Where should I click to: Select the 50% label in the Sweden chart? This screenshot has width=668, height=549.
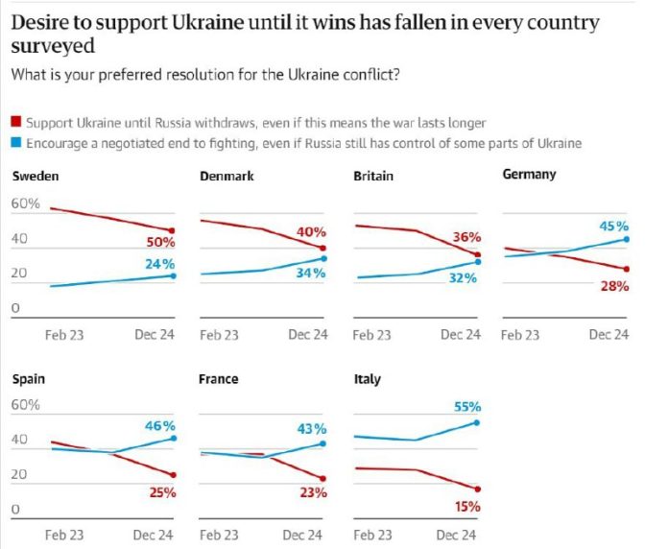pos(160,243)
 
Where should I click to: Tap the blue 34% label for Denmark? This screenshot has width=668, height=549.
pos(311,273)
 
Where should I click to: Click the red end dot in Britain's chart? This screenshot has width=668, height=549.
pos(477,254)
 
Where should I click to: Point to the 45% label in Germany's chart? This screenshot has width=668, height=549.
pos(613,226)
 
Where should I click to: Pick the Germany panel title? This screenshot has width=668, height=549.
pos(529,176)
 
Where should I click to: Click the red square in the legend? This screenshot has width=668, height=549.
pos(15,123)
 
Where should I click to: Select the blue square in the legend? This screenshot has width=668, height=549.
pos(15,143)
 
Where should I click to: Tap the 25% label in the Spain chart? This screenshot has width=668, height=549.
pos(161,493)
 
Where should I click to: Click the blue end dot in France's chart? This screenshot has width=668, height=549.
pos(322,443)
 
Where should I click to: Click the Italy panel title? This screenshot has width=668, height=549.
pos(367,379)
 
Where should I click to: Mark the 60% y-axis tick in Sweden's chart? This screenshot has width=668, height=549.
pos(25,204)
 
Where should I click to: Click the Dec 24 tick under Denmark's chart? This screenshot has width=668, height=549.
pos(307,335)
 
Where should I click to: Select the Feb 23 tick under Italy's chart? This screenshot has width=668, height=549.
pos(371,536)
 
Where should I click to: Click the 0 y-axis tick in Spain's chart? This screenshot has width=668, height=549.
pos(15,510)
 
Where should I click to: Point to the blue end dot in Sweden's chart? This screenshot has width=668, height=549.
pos(173,275)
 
